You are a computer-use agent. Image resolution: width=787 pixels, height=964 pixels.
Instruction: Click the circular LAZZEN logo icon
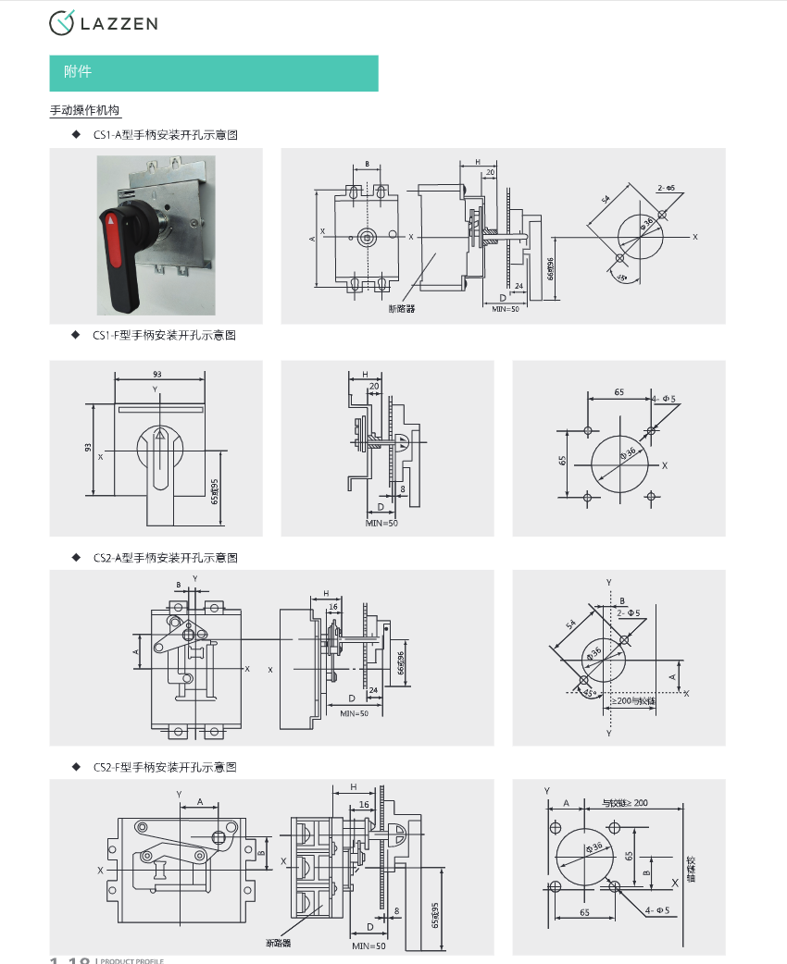(62, 23)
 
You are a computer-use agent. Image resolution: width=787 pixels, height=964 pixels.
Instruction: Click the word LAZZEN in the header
(119, 23)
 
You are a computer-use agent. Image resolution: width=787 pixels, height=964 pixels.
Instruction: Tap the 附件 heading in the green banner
(78, 72)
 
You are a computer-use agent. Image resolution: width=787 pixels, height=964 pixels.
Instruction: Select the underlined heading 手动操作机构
(85, 111)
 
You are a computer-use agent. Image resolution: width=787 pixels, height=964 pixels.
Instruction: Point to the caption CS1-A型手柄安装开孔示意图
(166, 135)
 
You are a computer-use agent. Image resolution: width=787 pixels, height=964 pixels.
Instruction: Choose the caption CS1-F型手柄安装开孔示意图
(165, 335)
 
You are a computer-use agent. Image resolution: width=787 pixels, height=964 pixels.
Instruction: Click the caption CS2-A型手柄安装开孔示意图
(166, 558)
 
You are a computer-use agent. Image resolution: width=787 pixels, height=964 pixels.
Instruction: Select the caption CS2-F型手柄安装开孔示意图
(165, 767)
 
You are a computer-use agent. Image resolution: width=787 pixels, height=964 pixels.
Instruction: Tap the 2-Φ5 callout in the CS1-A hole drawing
(666, 188)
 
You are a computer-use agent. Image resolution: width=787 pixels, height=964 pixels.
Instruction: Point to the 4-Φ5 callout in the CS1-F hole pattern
(664, 399)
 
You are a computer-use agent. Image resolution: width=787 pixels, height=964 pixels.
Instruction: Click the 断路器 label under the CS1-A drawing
(402, 308)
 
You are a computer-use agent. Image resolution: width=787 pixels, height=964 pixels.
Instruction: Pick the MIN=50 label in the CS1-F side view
(381, 524)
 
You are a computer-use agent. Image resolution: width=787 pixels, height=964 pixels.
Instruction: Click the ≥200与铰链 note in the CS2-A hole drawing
(633, 701)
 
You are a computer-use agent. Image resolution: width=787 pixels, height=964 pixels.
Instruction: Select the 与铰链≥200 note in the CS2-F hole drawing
(625, 802)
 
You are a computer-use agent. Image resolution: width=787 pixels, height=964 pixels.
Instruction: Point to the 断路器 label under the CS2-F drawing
(278, 944)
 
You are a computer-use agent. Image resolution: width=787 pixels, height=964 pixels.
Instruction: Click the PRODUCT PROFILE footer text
(131, 960)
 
